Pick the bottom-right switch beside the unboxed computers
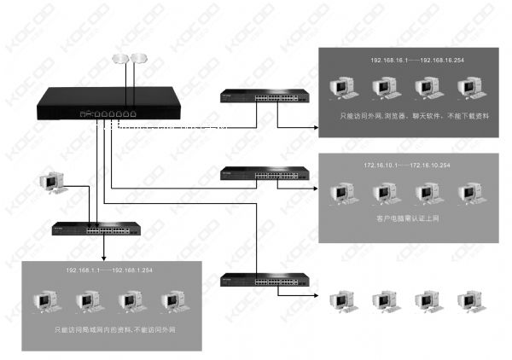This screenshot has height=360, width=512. pos(265,282)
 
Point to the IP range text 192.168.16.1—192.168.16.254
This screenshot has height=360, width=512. pos(413,62)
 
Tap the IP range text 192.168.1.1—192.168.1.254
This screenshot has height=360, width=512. pos(109,270)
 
